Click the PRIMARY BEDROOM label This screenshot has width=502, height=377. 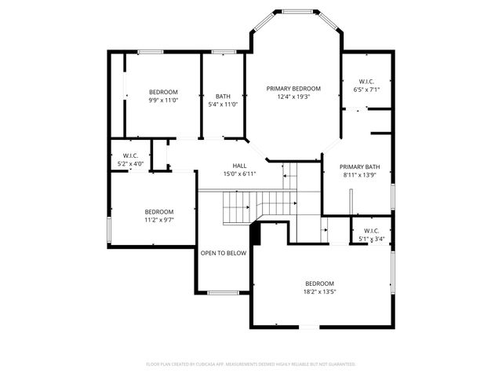click(293, 89)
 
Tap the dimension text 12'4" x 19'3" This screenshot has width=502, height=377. click(293, 97)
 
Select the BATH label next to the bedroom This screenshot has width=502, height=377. click(224, 97)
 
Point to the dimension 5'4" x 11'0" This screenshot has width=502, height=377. click(224, 104)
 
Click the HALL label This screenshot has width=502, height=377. click(240, 166)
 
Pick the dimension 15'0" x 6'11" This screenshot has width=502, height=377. click(240, 174)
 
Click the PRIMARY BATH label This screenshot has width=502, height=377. click(361, 167)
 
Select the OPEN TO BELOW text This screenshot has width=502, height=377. click(224, 253)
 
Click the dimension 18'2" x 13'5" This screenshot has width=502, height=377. click(320, 291)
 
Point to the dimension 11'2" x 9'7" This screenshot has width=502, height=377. click(158, 220)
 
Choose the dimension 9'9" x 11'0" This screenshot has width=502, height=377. click(163, 101)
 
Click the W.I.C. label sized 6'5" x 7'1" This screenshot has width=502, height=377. click(366, 82)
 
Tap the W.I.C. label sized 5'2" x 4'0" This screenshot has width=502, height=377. click(130, 155)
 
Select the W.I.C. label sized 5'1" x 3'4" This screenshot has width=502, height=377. click(371, 231)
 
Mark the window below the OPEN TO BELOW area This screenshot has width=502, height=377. click(224, 293)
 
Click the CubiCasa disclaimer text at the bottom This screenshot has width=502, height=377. click(251, 364)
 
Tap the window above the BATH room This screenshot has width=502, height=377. click(224, 52)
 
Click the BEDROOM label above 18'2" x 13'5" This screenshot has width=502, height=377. click(320, 284)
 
